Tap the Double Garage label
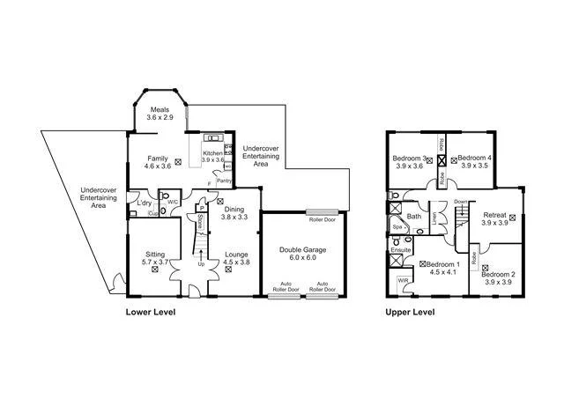point(302,250)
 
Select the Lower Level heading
point(150,312)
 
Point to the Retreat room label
point(498,214)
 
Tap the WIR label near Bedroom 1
point(403,280)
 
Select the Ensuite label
point(401,251)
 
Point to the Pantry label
point(224,181)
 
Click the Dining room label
point(234,208)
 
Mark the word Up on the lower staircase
point(202,264)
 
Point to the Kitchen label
point(212,152)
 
